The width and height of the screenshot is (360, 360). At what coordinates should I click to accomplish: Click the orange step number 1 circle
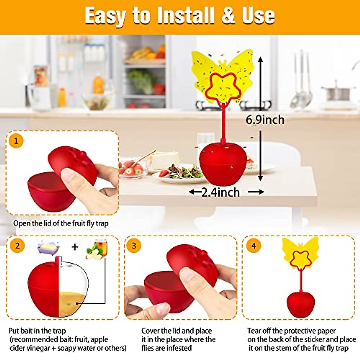[x=16, y=141]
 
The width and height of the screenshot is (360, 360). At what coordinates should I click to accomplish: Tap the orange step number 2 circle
[x=17, y=246]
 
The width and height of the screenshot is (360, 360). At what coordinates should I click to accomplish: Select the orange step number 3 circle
[x=134, y=246]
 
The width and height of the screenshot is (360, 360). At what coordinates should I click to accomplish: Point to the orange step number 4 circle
[x=253, y=246]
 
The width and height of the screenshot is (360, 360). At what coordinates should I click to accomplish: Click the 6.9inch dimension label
[x=265, y=120]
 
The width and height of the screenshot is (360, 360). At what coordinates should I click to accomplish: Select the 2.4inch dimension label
[x=220, y=192]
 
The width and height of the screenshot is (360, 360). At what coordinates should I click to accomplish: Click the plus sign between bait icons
[x=75, y=247]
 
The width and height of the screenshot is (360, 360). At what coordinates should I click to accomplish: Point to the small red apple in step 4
[x=301, y=304]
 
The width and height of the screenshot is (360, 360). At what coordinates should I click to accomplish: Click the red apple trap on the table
[x=223, y=164]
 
